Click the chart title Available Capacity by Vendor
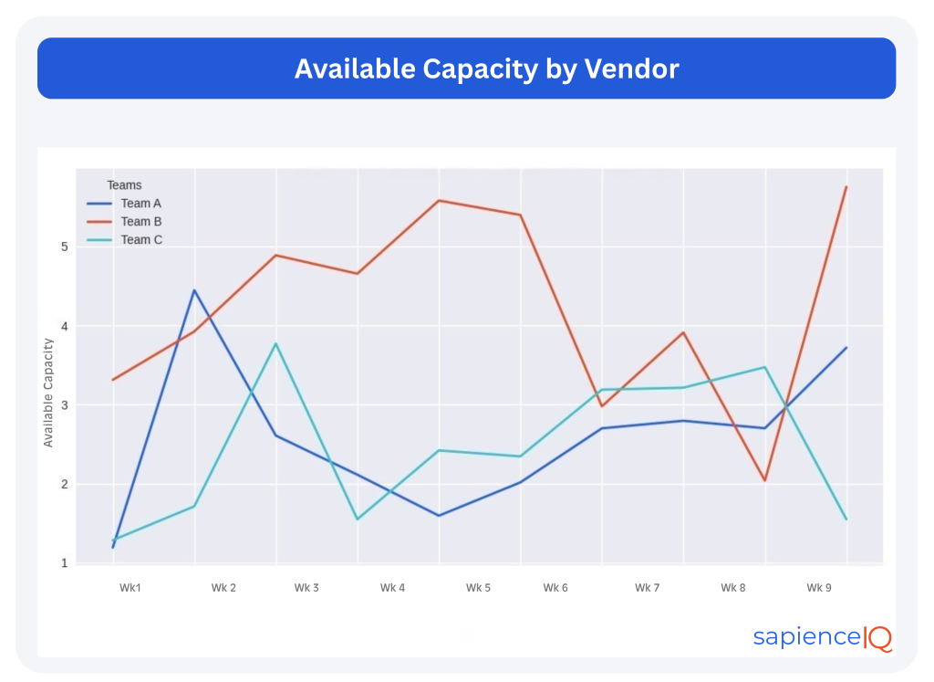[486, 68]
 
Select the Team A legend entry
[140, 204]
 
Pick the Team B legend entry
[140, 222]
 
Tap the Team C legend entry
[140, 240]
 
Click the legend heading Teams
[124, 185]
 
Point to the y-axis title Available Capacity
[49, 393]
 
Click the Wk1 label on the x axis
[130, 588]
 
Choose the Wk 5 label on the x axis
[478, 588]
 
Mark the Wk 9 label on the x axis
[818, 588]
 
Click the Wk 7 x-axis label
[647, 588]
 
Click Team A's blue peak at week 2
[193, 290]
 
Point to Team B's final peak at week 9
[846, 187]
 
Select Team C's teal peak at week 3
[275, 343]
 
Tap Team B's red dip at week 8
[764, 480]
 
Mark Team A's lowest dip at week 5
[439, 516]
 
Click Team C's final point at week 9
[846, 519]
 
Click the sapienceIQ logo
[822, 637]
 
